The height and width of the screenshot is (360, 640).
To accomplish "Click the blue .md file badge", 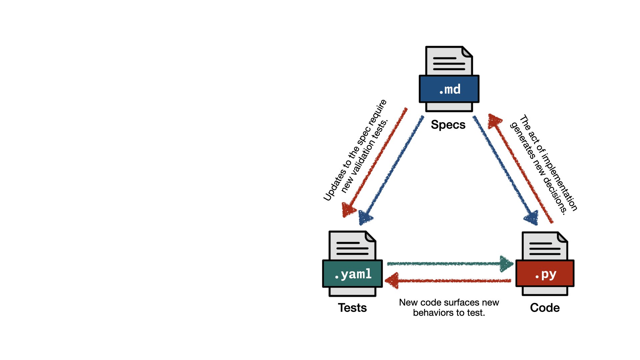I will [x=449, y=89].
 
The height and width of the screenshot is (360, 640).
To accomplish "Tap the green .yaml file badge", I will [x=352, y=274].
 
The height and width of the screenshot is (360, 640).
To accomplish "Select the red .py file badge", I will [x=545, y=274].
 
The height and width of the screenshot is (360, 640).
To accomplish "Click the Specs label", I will [x=448, y=125].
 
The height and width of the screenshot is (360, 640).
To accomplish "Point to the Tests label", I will [x=352, y=308].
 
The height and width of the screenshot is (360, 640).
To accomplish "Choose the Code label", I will [x=545, y=308].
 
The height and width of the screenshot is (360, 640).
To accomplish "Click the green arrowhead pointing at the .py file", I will [x=507, y=264].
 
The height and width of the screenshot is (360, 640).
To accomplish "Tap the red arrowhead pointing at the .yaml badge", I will [x=392, y=280].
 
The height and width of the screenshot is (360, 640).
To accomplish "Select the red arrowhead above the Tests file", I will [x=348, y=210].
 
